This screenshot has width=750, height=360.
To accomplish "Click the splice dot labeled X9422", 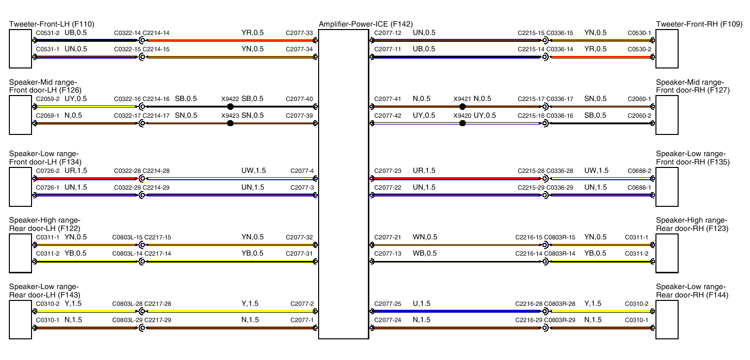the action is [x=230, y=107].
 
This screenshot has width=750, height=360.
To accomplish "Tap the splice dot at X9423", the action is [x=230, y=123].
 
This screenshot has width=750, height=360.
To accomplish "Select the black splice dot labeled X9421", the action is [x=462, y=107].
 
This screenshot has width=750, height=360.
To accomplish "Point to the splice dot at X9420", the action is [x=462, y=123].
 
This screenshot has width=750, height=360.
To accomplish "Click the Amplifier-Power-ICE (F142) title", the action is [x=365, y=24].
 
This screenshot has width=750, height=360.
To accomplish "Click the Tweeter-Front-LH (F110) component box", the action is [x=20, y=49].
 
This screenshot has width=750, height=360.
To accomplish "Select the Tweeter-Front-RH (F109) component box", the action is [x=667, y=49].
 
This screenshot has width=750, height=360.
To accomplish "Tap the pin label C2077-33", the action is [x=299, y=33].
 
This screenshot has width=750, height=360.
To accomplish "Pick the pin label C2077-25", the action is [x=388, y=304].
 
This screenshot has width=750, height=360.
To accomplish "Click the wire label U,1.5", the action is [x=422, y=303].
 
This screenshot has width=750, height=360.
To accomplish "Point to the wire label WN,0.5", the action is [x=425, y=237].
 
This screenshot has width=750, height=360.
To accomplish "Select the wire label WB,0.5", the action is [x=424, y=254].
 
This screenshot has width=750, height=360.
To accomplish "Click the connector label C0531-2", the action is [x=48, y=33].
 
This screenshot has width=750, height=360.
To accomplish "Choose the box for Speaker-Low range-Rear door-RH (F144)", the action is [x=667, y=320].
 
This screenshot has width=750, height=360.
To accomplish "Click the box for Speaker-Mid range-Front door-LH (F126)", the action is [x=20, y=115].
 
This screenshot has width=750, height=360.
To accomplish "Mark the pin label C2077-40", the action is [x=299, y=99].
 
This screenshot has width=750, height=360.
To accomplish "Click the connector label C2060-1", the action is [x=640, y=99].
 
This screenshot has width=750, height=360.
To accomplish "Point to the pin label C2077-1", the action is [x=302, y=320].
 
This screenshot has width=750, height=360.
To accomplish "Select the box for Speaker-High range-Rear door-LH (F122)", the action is [x=20, y=253].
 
